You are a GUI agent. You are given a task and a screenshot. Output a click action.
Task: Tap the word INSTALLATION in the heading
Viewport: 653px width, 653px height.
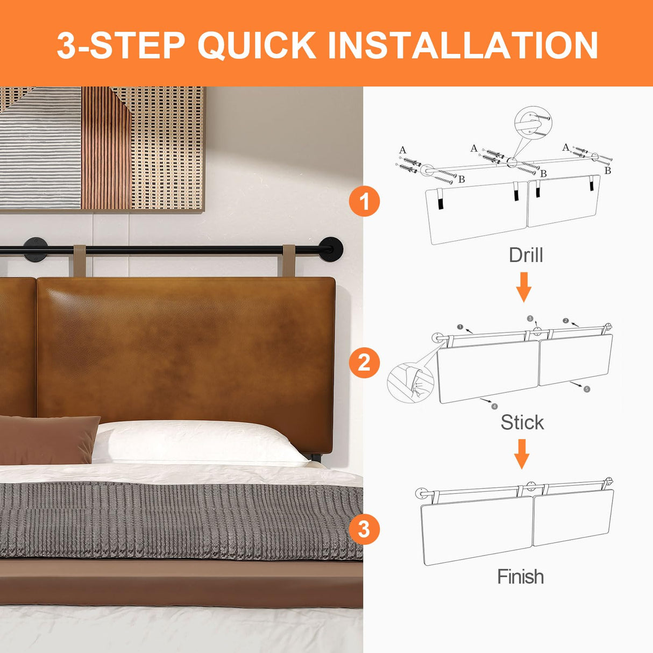pyautogui.click(x=463, y=45)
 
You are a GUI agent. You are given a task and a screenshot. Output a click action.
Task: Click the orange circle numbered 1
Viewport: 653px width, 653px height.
pyautogui.click(x=364, y=202)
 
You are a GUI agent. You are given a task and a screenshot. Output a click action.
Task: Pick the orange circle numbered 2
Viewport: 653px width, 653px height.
pyautogui.click(x=364, y=363)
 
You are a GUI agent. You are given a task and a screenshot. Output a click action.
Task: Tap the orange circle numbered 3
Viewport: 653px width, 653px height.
pyautogui.click(x=364, y=529)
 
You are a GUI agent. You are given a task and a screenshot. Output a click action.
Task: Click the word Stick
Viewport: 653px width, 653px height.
pyautogui.click(x=522, y=422)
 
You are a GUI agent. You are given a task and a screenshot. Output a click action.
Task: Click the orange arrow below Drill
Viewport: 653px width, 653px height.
pyautogui.click(x=523, y=287)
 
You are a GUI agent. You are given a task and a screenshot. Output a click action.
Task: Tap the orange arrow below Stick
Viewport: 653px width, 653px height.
pyautogui.click(x=522, y=454)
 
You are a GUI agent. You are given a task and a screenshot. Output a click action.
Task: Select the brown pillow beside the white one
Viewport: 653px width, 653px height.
pyautogui.click(x=47, y=439)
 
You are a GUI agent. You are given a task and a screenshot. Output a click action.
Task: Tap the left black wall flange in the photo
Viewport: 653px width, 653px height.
pyautogui.click(x=36, y=250)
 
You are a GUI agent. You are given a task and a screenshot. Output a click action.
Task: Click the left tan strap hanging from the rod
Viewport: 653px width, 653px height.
pyautogui.click(x=80, y=260)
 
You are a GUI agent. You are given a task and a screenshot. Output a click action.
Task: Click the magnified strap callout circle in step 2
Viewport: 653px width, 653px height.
pyautogui.click(x=410, y=382)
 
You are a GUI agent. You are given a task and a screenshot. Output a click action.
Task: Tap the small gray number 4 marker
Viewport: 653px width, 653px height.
pyautogui.click(x=494, y=406)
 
